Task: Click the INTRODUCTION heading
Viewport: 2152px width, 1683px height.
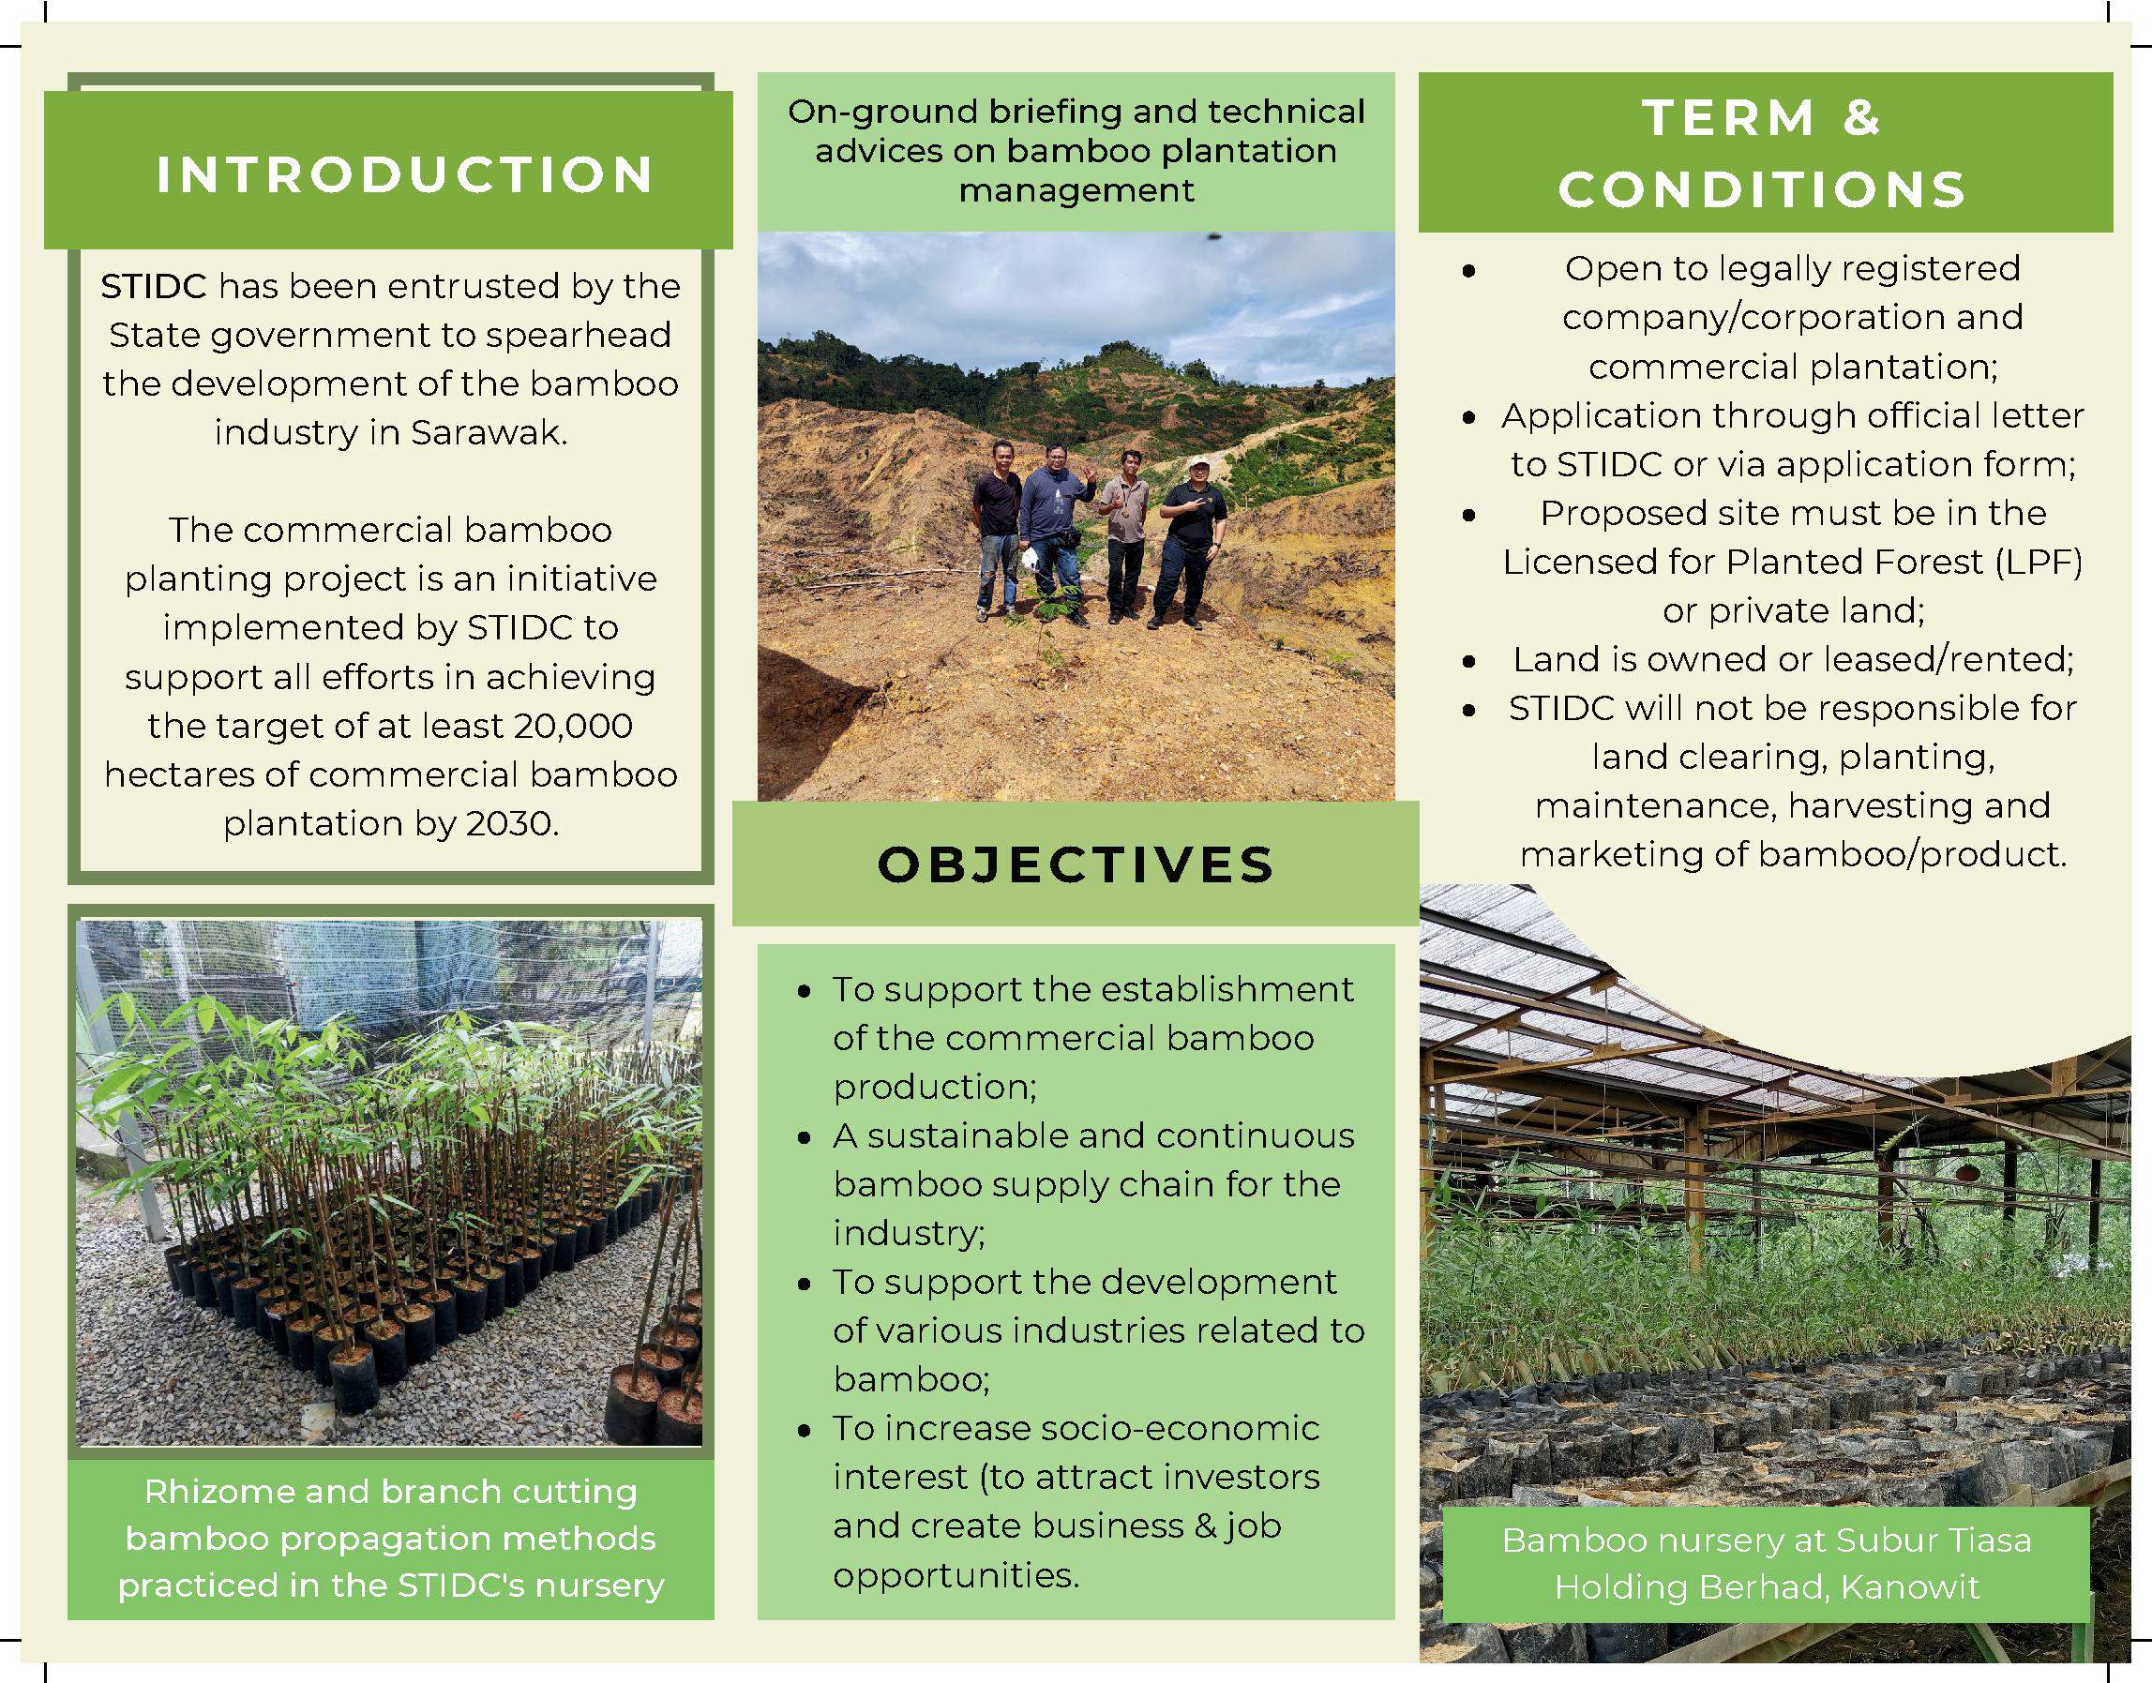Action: pyautogui.click(x=405, y=174)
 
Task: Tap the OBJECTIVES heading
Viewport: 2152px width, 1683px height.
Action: pyautogui.click(x=1076, y=865)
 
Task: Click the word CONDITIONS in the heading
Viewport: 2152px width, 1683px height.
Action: pyautogui.click(x=1763, y=189)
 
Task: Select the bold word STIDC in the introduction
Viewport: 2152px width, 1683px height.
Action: pyautogui.click(x=154, y=286)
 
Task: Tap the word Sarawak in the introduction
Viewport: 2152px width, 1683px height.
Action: pyautogui.click(x=489, y=432)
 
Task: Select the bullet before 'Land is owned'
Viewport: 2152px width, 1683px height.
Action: pyautogui.click(x=1469, y=661)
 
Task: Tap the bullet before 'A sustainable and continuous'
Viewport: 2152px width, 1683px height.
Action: pyautogui.click(x=805, y=1138)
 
